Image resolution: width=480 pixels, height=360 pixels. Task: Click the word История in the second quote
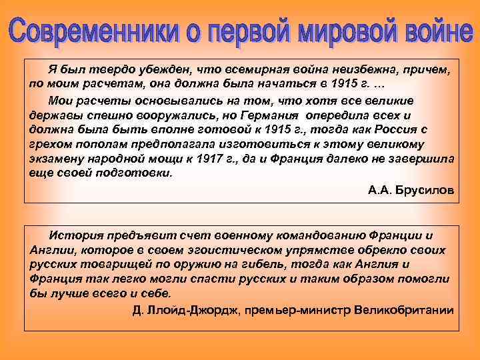point(77,235)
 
